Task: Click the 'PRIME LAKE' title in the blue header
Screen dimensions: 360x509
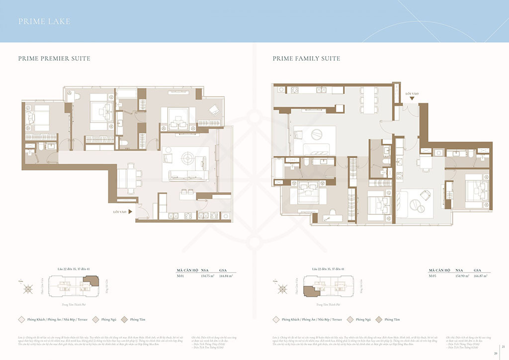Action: (x=44, y=21)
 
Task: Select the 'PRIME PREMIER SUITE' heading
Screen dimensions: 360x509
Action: (x=54, y=59)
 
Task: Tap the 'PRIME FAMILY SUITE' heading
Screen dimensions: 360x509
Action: (x=306, y=59)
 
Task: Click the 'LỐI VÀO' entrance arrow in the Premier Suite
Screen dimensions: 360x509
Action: (x=130, y=211)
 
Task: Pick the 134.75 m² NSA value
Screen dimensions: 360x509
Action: (x=207, y=275)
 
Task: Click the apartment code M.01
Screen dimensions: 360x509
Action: (x=181, y=275)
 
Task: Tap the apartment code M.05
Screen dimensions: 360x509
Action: (x=433, y=275)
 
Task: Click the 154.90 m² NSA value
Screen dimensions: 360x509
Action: (x=460, y=275)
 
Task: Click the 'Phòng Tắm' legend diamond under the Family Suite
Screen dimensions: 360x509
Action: (x=379, y=319)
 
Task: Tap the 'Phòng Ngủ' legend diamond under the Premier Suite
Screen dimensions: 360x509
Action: (x=97, y=319)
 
